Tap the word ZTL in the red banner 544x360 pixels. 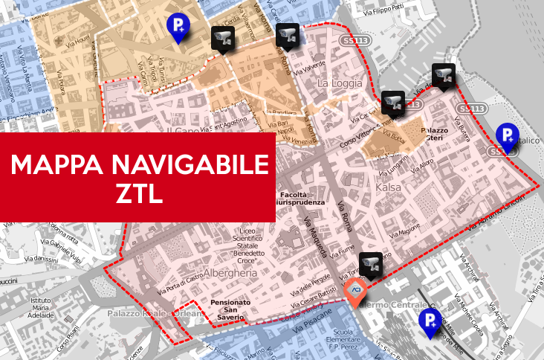139,195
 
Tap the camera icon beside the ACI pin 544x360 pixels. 370,264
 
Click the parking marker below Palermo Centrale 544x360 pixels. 429,322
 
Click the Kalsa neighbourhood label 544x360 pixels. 389,187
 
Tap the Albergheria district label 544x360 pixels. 236,273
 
